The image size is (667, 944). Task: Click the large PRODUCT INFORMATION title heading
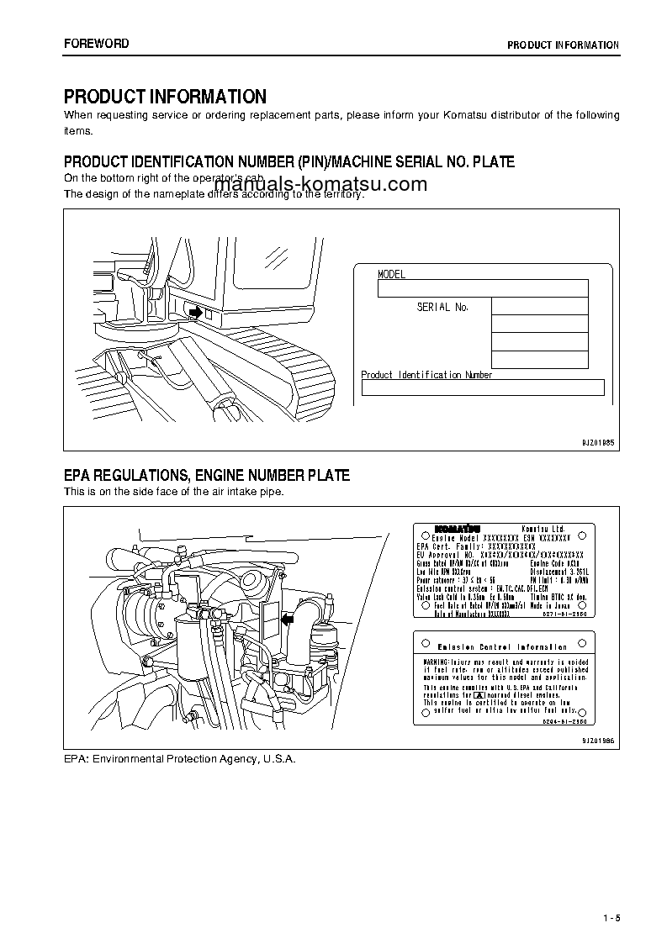pos(165,97)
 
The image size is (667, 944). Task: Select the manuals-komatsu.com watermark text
pos(320,185)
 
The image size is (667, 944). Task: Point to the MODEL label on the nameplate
pos(392,275)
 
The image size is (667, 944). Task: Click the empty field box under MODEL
pos(482,288)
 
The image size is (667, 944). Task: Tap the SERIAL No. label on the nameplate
pos(442,308)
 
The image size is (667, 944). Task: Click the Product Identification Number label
pos(426,375)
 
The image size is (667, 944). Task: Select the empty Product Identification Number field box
pos(483,388)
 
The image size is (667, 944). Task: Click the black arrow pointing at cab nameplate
pos(193,313)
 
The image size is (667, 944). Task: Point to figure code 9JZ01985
pos(598,441)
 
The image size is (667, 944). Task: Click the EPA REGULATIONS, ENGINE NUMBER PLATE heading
pos(207,476)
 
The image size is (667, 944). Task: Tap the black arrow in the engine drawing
pos(290,620)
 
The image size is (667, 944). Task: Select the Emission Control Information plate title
pos(502,647)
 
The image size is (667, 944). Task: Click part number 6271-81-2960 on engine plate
pos(566,614)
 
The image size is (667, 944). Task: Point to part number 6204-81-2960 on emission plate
pos(566,720)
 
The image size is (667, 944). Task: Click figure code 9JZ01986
pos(598,740)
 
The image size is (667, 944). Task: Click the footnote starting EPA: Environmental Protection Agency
pos(180,758)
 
